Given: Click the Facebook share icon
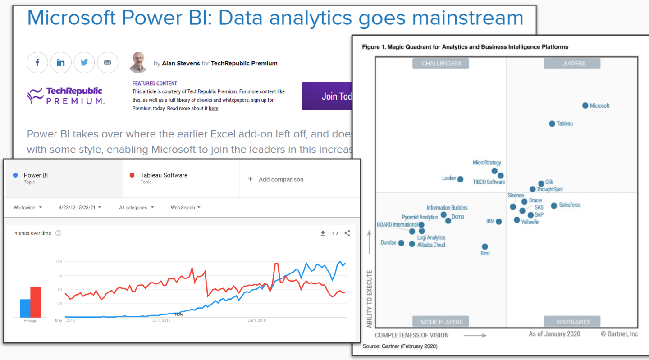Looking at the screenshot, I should pyautogui.click(x=37, y=63).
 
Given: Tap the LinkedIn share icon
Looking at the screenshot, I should pyautogui.click(x=61, y=63).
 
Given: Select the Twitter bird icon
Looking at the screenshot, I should pyautogui.click(x=84, y=63).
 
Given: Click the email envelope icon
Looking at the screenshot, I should pyautogui.click(x=107, y=63).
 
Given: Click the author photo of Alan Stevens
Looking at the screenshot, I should pyautogui.click(x=138, y=62).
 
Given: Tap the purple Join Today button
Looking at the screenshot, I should pyautogui.click(x=327, y=96).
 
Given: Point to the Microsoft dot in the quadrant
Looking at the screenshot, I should pyautogui.click(x=585, y=105).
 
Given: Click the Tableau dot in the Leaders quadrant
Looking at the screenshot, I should pyautogui.click(x=552, y=123).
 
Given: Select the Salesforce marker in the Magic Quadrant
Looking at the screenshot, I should pyautogui.click(x=554, y=205).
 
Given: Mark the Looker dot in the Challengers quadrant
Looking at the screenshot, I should pyautogui.click(x=460, y=179).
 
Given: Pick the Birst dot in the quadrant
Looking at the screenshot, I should pyautogui.click(x=485, y=246).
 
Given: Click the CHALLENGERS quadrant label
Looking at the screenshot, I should pyautogui.click(x=441, y=64).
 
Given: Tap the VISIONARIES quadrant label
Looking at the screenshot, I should pyautogui.click(x=572, y=322).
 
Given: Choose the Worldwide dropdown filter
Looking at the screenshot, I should pyautogui.click(x=28, y=208).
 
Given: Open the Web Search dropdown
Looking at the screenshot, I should pyautogui.click(x=185, y=208).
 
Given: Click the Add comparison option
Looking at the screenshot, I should pyautogui.click(x=276, y=179).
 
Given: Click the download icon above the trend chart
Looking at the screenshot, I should pyautogui.click(x=323, y=233).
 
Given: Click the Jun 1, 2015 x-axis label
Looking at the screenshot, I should pyautogui.click(x=161, y=321).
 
